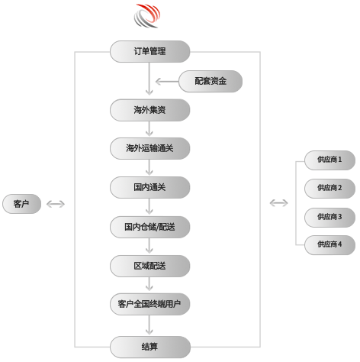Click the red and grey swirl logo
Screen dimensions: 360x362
147,15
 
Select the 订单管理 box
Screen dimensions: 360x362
149,51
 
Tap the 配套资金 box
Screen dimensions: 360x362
211,81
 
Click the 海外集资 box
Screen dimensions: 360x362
149,110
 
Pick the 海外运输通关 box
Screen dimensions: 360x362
149,148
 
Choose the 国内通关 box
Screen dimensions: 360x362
149,187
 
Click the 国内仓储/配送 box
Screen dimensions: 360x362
149,227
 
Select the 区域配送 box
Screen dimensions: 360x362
149,266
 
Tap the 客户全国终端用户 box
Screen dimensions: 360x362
149,304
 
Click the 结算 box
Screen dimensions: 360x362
150,347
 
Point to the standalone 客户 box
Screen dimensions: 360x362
21,204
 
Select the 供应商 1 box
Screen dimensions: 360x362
329,160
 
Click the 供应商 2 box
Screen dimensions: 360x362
329,189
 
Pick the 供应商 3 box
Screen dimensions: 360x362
329,218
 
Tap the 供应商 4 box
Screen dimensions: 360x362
329,245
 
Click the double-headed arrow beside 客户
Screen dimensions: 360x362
56,204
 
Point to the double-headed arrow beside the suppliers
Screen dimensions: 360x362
278,203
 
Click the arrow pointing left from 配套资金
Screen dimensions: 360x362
167,82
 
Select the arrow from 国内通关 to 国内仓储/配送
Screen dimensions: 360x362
149,206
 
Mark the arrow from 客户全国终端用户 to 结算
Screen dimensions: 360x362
149,325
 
